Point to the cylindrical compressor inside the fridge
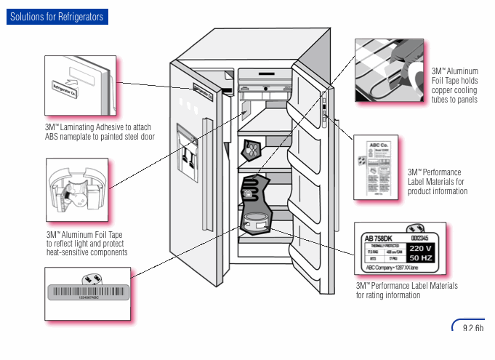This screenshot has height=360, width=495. [x=256, y=223]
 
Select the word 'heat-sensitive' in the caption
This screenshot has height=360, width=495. [x=69, y=252]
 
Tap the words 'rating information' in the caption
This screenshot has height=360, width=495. [x=397, y=295]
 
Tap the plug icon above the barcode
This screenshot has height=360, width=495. [x=92, y=278]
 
